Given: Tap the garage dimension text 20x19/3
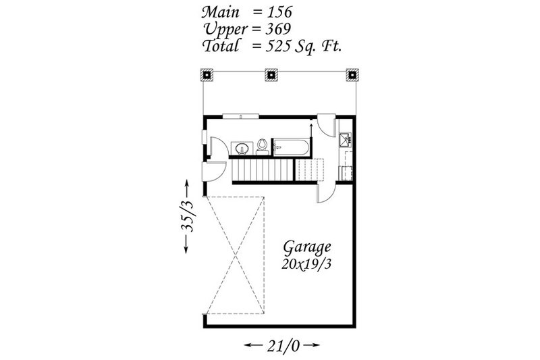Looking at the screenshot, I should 307,263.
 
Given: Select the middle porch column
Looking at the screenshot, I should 271,74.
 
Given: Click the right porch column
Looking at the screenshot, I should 351,74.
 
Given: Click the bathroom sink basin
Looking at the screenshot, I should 241,147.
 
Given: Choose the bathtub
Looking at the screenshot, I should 291,147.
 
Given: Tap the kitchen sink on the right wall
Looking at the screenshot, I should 345,140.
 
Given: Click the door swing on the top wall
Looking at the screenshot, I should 325,124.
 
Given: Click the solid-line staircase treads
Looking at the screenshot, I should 263,171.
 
